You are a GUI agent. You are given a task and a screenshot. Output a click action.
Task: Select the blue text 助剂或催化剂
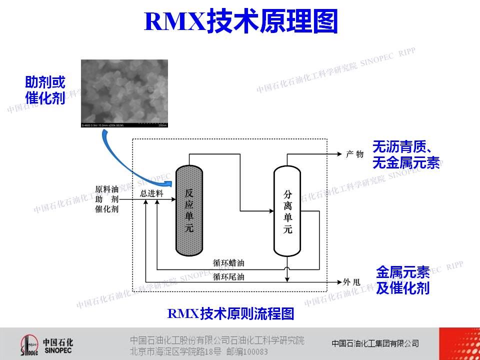45,90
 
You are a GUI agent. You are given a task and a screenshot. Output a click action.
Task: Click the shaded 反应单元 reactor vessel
188,210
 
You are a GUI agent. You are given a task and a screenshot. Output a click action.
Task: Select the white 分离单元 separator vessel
287,211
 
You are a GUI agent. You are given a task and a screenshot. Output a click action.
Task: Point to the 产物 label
354,154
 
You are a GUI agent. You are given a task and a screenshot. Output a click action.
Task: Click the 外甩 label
351,282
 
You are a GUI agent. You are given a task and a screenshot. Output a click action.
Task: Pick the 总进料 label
151,193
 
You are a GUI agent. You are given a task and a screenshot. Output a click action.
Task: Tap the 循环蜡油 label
228,262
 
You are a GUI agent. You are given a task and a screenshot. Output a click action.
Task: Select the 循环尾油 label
228,276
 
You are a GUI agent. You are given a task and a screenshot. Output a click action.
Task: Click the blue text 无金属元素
406,163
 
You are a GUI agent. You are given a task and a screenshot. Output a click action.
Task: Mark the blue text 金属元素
402,272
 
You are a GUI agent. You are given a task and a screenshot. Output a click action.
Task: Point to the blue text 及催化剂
402,288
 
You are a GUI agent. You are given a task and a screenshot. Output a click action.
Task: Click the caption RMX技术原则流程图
230,313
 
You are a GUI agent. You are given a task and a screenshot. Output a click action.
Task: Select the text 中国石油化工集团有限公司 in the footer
375,343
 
